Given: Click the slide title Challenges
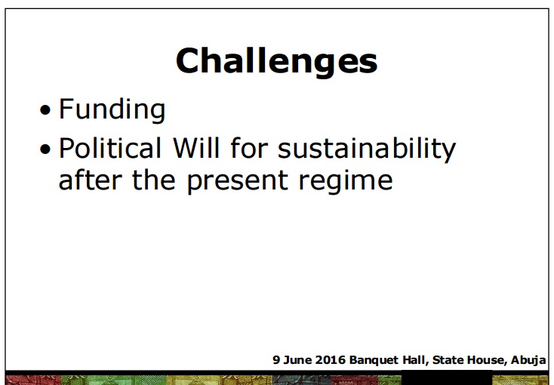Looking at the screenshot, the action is (277, 62).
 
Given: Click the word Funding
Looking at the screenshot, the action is (112, 110).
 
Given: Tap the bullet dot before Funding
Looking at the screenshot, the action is (45, 110).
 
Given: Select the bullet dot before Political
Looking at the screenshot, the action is (45, 149).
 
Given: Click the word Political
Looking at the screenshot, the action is (110, 148).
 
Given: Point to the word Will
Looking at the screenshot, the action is (196, 148).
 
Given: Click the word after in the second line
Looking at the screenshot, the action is (90, 180).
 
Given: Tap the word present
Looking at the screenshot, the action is (237, 182).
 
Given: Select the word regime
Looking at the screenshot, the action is (346, 181).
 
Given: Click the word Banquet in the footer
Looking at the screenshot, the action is (374, 360).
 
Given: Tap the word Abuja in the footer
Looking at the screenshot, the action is (528, 360).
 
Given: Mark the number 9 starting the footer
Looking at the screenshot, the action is (276, 360).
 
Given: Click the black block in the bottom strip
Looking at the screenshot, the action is (447, 377).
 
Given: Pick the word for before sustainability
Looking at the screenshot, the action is (249, 148).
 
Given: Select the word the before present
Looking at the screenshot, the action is (154, 180).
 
